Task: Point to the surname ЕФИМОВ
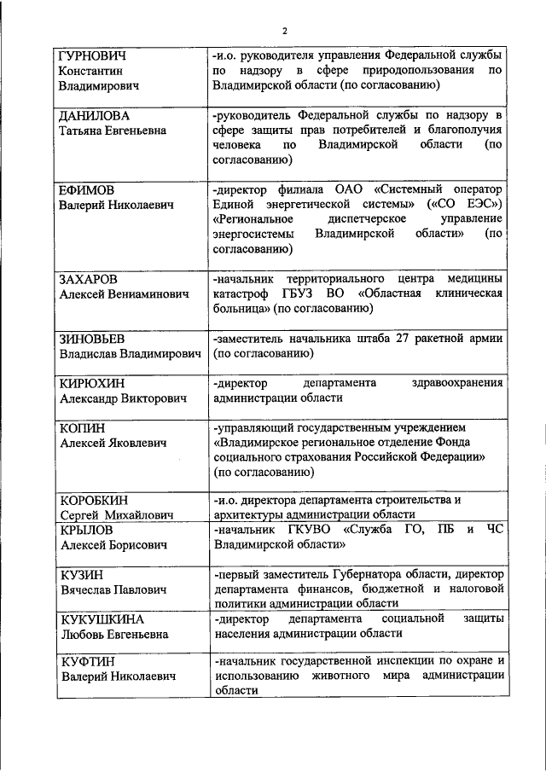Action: click(x=85, y=189)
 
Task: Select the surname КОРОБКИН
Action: click(x=95, y=500)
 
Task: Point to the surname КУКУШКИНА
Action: click(x=102, y=619)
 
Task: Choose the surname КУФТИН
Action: click(x=87, y=663)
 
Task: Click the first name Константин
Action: click(x=90, y=71)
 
